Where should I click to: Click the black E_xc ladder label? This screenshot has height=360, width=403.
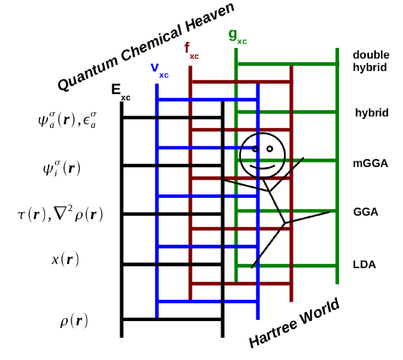coord(120,92)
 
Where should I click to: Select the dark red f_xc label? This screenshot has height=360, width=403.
coord(191,51)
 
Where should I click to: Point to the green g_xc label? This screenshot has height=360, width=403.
coord(237,37)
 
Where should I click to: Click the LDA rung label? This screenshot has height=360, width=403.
coord(364,265)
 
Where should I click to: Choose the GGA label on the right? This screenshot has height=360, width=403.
coord(366,212)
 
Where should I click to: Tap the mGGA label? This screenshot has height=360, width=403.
coord(370,163)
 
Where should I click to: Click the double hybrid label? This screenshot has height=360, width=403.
coord(370,61)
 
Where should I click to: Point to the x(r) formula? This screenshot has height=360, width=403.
coord(65,259)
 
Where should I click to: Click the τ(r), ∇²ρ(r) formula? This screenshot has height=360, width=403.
coord(60,214)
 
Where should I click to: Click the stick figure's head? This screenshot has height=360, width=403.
coord(262,154)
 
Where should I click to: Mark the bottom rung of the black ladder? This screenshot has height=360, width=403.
coord(172,319)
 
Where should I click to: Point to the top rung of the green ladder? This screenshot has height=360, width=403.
coord(287,64)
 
